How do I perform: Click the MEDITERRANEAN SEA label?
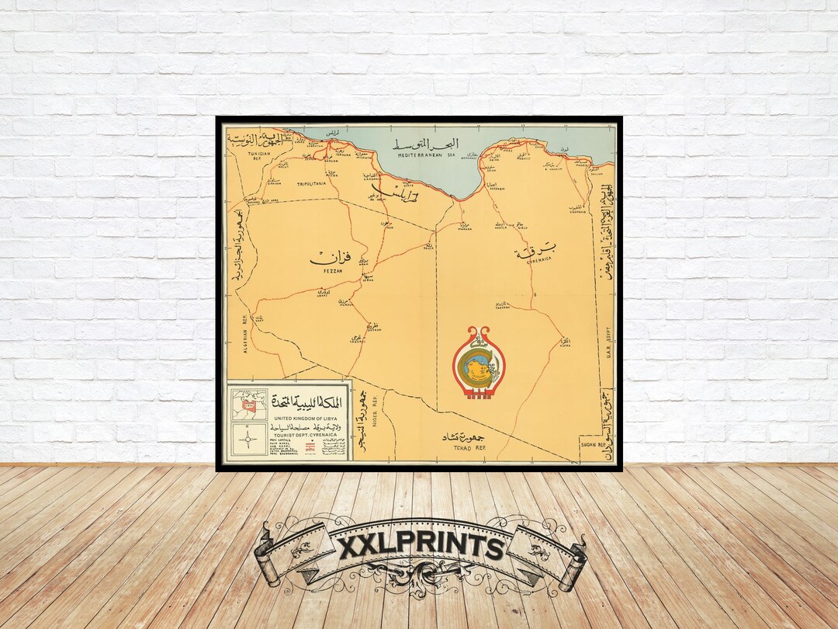coord(425,155)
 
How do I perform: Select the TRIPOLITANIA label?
coord(312,185)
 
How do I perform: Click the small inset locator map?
coord(248,405)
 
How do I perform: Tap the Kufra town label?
coord(566,343)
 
